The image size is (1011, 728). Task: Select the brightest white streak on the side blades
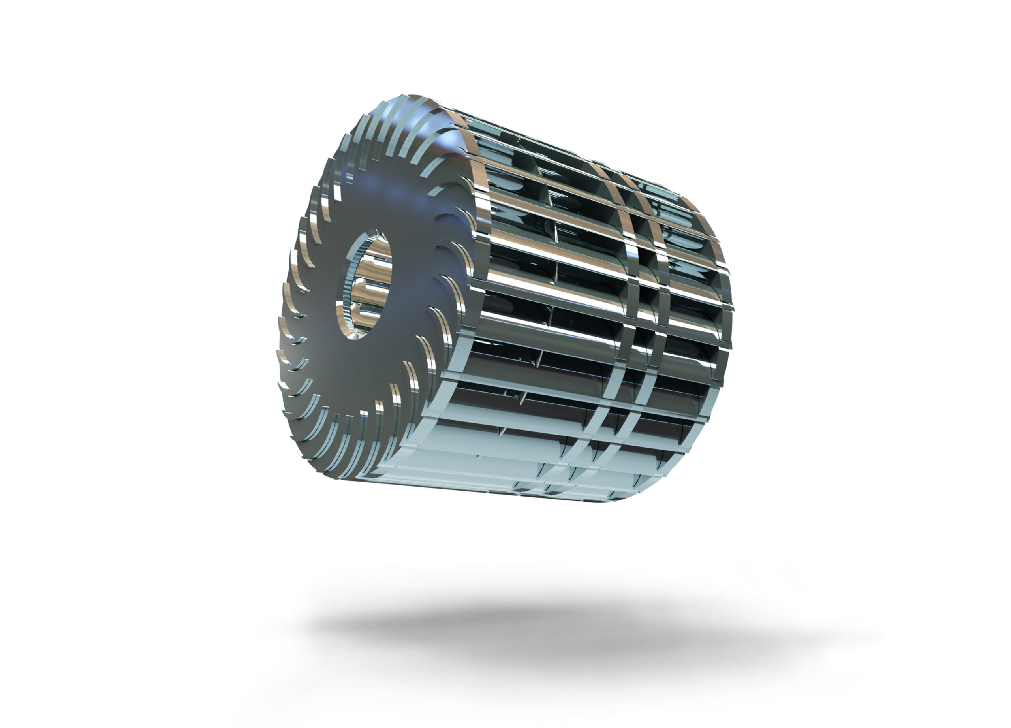point(557,285)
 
